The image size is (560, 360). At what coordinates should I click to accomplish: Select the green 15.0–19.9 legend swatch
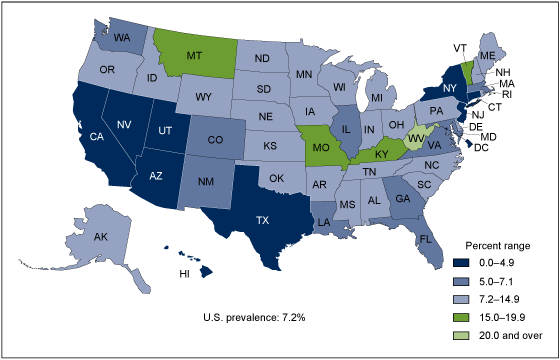click(x=445, y=316)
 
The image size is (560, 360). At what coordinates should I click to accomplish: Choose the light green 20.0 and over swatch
click(x=445, y=333)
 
